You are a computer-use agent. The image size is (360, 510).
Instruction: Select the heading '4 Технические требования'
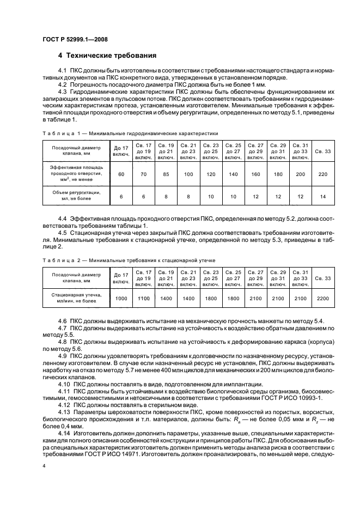tap(107, 56)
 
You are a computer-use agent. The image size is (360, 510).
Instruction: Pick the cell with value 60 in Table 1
tap(121, 174)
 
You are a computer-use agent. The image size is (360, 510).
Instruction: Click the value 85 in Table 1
tap(166, 174)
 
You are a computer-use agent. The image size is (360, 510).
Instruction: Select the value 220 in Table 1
tap(323, 174)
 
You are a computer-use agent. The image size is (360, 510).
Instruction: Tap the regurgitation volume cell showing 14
tap(323, 196)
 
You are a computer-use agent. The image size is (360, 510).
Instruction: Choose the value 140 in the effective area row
tap(234, 174)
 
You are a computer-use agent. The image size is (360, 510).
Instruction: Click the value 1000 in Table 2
tap(121, 299)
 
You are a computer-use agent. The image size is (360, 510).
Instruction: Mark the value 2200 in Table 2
tap(323, 299)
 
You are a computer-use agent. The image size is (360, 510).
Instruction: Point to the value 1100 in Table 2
tap(144, 299)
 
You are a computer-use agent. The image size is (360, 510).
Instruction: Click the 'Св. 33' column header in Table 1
tap(323, 151)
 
